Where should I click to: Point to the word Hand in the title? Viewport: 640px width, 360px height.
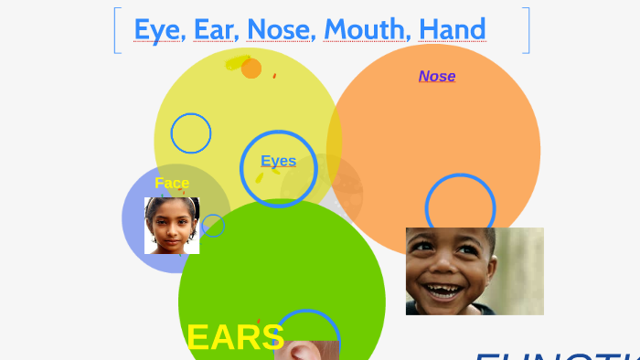tap(452, 29)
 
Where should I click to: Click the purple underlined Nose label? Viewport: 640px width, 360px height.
tap(437, 76)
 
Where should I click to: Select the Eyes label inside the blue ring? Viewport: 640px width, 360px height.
tap(279, 162)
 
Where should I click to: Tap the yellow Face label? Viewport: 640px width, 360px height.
tap(172, 183)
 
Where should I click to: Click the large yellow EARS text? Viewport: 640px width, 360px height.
tap(235, 337)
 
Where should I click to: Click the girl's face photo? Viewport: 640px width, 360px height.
tap(172, 226)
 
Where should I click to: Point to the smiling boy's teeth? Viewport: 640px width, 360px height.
tap(445, 292)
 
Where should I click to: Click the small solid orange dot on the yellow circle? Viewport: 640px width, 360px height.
tap(251, 69)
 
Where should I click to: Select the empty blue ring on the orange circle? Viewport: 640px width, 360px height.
tap(460, 206)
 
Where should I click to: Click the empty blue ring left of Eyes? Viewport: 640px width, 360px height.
tap(191, 133)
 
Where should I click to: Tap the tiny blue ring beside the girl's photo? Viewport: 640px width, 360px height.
tap(213, 226)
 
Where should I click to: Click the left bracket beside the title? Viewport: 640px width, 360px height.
tap(117, 30)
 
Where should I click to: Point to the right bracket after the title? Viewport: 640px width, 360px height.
tap(526, 30)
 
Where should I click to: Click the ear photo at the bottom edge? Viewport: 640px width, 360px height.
tap(306, 350)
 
